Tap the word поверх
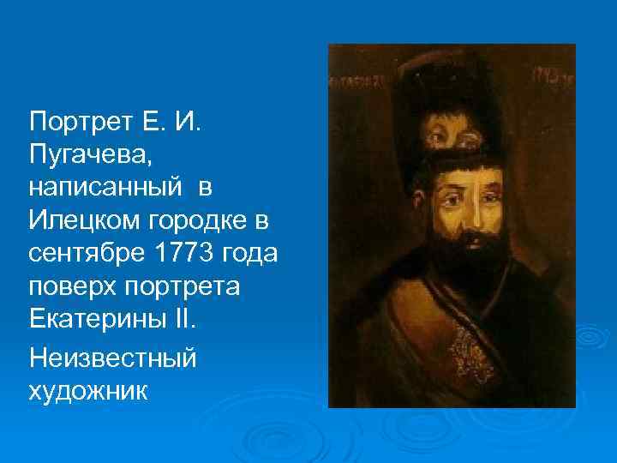69,288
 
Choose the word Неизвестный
112,355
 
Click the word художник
87,390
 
